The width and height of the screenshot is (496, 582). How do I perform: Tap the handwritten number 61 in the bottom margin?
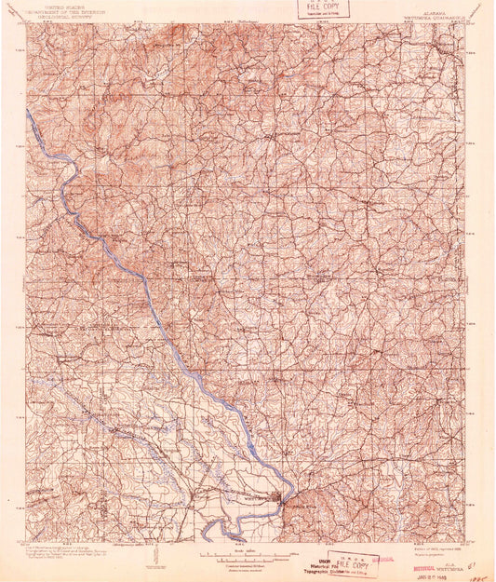point(473,563)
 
